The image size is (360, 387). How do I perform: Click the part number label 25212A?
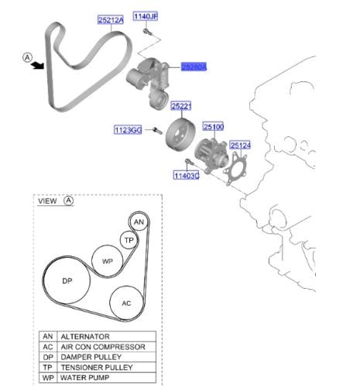(x=111, y=20)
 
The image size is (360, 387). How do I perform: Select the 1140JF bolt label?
(x=146, y=16)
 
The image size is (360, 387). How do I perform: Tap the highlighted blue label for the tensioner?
(x=194, y=67)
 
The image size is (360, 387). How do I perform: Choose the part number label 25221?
(x=181, y=106)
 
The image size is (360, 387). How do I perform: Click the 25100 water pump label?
(x=214, y=127)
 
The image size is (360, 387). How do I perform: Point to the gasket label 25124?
(x=240, y=146)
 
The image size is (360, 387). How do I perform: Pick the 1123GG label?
(x=128, y=130)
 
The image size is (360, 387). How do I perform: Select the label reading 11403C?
(x=187, y=176)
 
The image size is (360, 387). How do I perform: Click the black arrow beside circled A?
(x=37, y=66)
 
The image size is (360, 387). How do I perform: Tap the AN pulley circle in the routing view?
(x=139, y=222)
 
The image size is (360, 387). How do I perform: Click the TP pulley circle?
(x=129, y=240)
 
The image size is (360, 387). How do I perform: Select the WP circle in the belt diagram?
(x=108, y=261)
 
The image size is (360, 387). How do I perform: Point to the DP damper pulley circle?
(x=67, y=281)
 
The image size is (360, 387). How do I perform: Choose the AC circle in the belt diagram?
(x=126, y=303)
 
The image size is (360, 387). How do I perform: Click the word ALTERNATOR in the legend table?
(x=85, y=337)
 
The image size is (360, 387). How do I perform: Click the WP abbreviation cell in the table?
(x=48, y=378)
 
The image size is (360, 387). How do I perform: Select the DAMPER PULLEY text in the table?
(x=91, y=357)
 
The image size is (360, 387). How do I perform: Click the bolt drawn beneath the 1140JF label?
(x=147, y=32)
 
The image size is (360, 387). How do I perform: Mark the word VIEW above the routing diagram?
(x=47, y=201)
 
